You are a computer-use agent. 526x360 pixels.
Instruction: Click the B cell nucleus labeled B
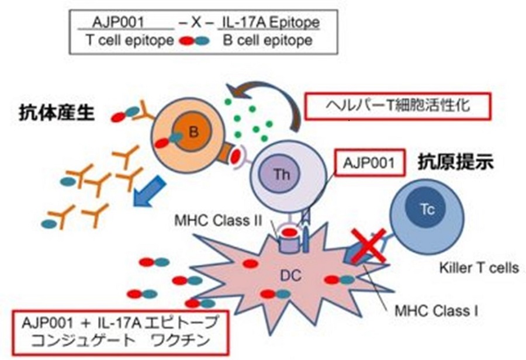click(x=193, y=132)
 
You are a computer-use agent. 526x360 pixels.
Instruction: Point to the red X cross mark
click(x=368, y=245)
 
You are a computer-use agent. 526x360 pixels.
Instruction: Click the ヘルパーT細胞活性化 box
click(x=397, y=108)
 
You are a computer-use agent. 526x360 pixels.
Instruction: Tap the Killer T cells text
click(x=479, y=269)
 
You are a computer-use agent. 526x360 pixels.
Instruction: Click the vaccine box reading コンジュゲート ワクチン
click(x=119, y=332)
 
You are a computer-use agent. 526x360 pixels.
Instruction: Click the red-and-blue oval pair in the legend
click(x=193, y=41)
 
